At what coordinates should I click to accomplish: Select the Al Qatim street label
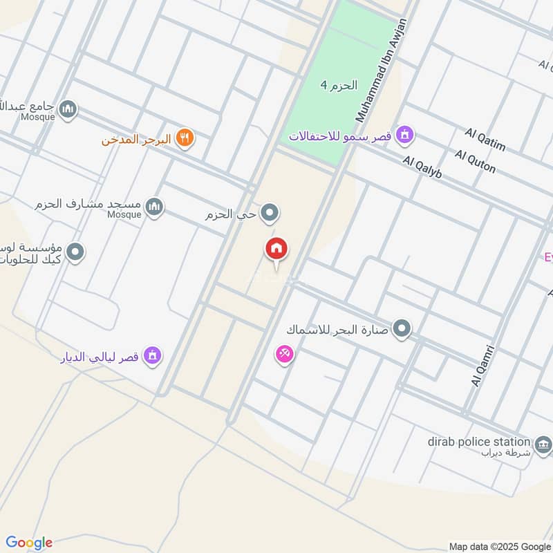click(x=485, y=140)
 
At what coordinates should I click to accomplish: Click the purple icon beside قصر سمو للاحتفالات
click(x=406, y=135)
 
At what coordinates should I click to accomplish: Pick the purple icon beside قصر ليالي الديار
click(x=153, y=357)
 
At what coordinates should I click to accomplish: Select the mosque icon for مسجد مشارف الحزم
click(x=154, y=205)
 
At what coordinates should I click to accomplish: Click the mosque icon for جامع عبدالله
click(x=68, y=109)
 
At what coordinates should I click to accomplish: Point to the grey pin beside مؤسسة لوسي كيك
click(x=75, y=253)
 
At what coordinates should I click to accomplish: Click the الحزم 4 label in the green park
click(x=339, y=86)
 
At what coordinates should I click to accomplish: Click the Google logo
click(x=29, y=543)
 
